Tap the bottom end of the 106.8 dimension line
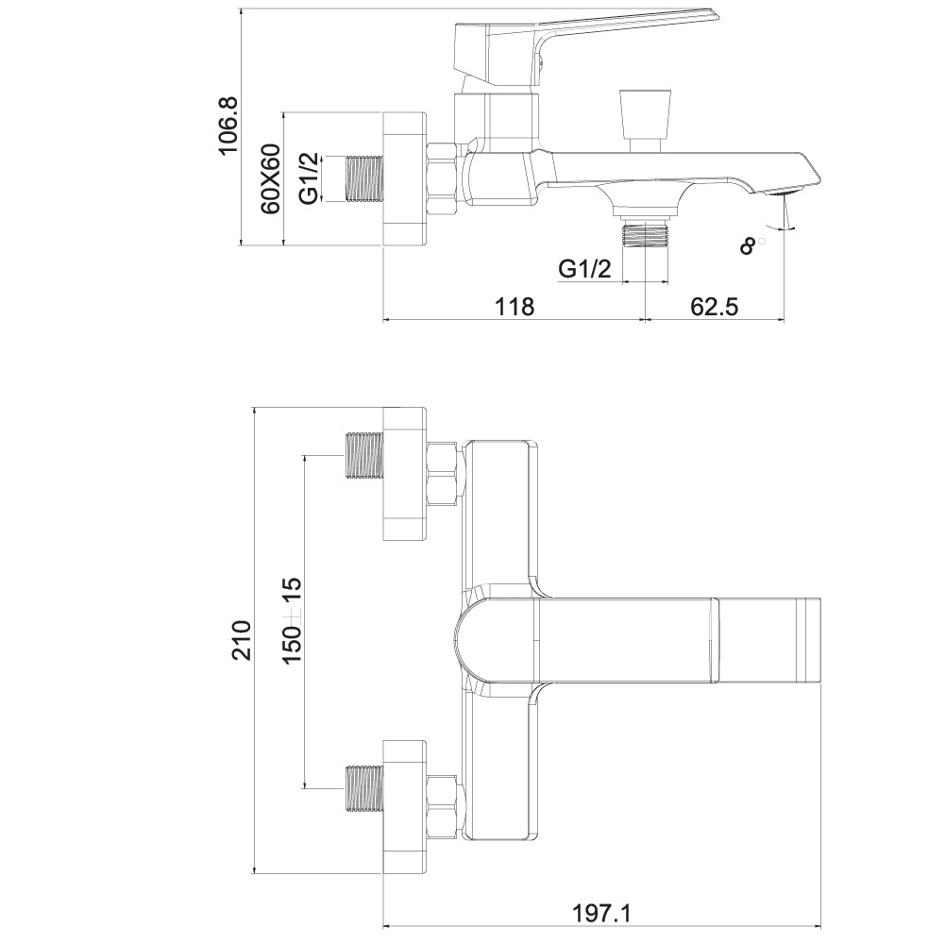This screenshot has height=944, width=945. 241,245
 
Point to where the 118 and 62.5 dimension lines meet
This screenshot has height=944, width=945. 646,320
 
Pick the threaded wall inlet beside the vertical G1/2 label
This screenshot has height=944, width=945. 364,178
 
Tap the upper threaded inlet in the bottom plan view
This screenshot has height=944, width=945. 364,455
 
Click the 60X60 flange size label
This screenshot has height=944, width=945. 271,178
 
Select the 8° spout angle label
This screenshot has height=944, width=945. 751,244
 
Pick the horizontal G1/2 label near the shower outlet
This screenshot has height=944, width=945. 584,268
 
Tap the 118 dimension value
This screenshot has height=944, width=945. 515,306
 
